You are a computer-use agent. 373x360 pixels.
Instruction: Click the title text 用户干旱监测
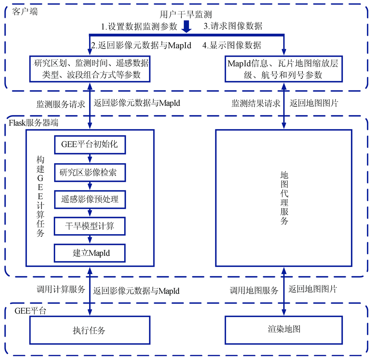(x=185, y=14)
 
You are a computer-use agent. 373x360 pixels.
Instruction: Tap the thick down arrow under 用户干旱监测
(x=186, y=26)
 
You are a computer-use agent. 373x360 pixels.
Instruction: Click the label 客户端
(x=25, y=12)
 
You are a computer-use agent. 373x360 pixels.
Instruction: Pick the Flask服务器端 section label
(x=34, y=123)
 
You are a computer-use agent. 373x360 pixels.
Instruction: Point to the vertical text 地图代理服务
(x=284, y=198)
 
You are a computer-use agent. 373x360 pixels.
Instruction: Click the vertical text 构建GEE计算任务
(x=40, y=196)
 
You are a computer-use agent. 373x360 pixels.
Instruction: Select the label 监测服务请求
(x=61, y=104)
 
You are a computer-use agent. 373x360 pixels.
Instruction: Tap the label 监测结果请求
(x=256, y=103)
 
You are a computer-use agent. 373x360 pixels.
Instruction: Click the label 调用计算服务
(x=61, y=289)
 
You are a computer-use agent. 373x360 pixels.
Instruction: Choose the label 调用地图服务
(x=254, y=290)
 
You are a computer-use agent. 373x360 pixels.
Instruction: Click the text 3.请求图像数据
(x=233, y=26)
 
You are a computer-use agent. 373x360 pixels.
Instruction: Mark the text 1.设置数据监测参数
(x=139, y=27)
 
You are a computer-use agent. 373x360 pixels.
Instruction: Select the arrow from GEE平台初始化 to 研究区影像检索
(x=90, y=159)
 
